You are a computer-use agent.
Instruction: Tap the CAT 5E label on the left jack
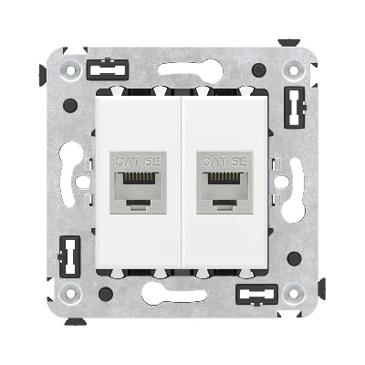click(139, 162)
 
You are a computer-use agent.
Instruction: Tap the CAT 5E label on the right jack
click(224, 162)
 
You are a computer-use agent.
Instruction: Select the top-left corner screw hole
click(71, 70)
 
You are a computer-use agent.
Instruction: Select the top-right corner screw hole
click(294, 70)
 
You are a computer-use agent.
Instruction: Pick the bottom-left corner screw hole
click(71, 294)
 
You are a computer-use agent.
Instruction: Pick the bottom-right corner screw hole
click(294, 294)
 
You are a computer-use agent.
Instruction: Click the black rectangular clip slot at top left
click(108, 69)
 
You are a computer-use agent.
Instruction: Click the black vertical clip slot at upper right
click(295, 108)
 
